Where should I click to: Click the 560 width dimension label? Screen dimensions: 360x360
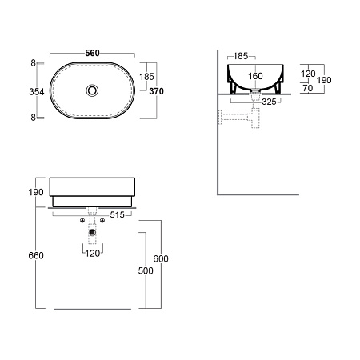pyautogui.click(x=92, y=53)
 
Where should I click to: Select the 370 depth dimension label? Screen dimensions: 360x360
pyautogui.click(x=156, y=91)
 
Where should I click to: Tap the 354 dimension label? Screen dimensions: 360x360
pyautogui.click(x=37, y=92)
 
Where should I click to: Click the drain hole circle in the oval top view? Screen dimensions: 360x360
pyautogui.click(x=92, y=90)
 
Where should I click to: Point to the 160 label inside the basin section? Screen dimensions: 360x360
pyautogui.click(x=255, y=76)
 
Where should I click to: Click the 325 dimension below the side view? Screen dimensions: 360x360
pyautogui.click(x=269, y=102)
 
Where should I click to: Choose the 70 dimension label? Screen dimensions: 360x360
pyautogui.click(x=308, y=88)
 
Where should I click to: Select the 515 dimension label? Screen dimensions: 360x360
pyautogui.click(x=118, y=214)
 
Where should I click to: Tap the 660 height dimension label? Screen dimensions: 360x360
pyautogui.click(x=36, y=255)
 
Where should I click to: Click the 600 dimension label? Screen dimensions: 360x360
pyautogui.click(x=161, y=258)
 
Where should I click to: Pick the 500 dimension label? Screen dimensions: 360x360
pyautogui.click(x=146, y=270)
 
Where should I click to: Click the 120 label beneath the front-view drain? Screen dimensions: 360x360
pyautogui.click(x=93, y=254)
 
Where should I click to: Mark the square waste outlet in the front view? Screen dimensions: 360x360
pyautogui.click(x=92, y=233)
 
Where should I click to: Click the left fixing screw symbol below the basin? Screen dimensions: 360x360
pyautogui.click(x=82, y=220)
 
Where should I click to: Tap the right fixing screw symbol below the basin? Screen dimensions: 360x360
pyautogui.click(x=102, y=220)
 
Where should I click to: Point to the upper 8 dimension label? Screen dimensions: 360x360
pyautogui.click(x=33, y=63)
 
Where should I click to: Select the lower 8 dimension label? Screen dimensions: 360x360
pyautogui.click(x=33, y=118)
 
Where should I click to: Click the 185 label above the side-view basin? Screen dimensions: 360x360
pyautogui.click(x=241, y=56)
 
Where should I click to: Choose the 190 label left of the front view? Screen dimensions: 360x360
pyautogui.click(x=36, y=192)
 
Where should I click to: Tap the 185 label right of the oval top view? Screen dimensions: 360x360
pyautogui.click(x=146, y=77)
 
